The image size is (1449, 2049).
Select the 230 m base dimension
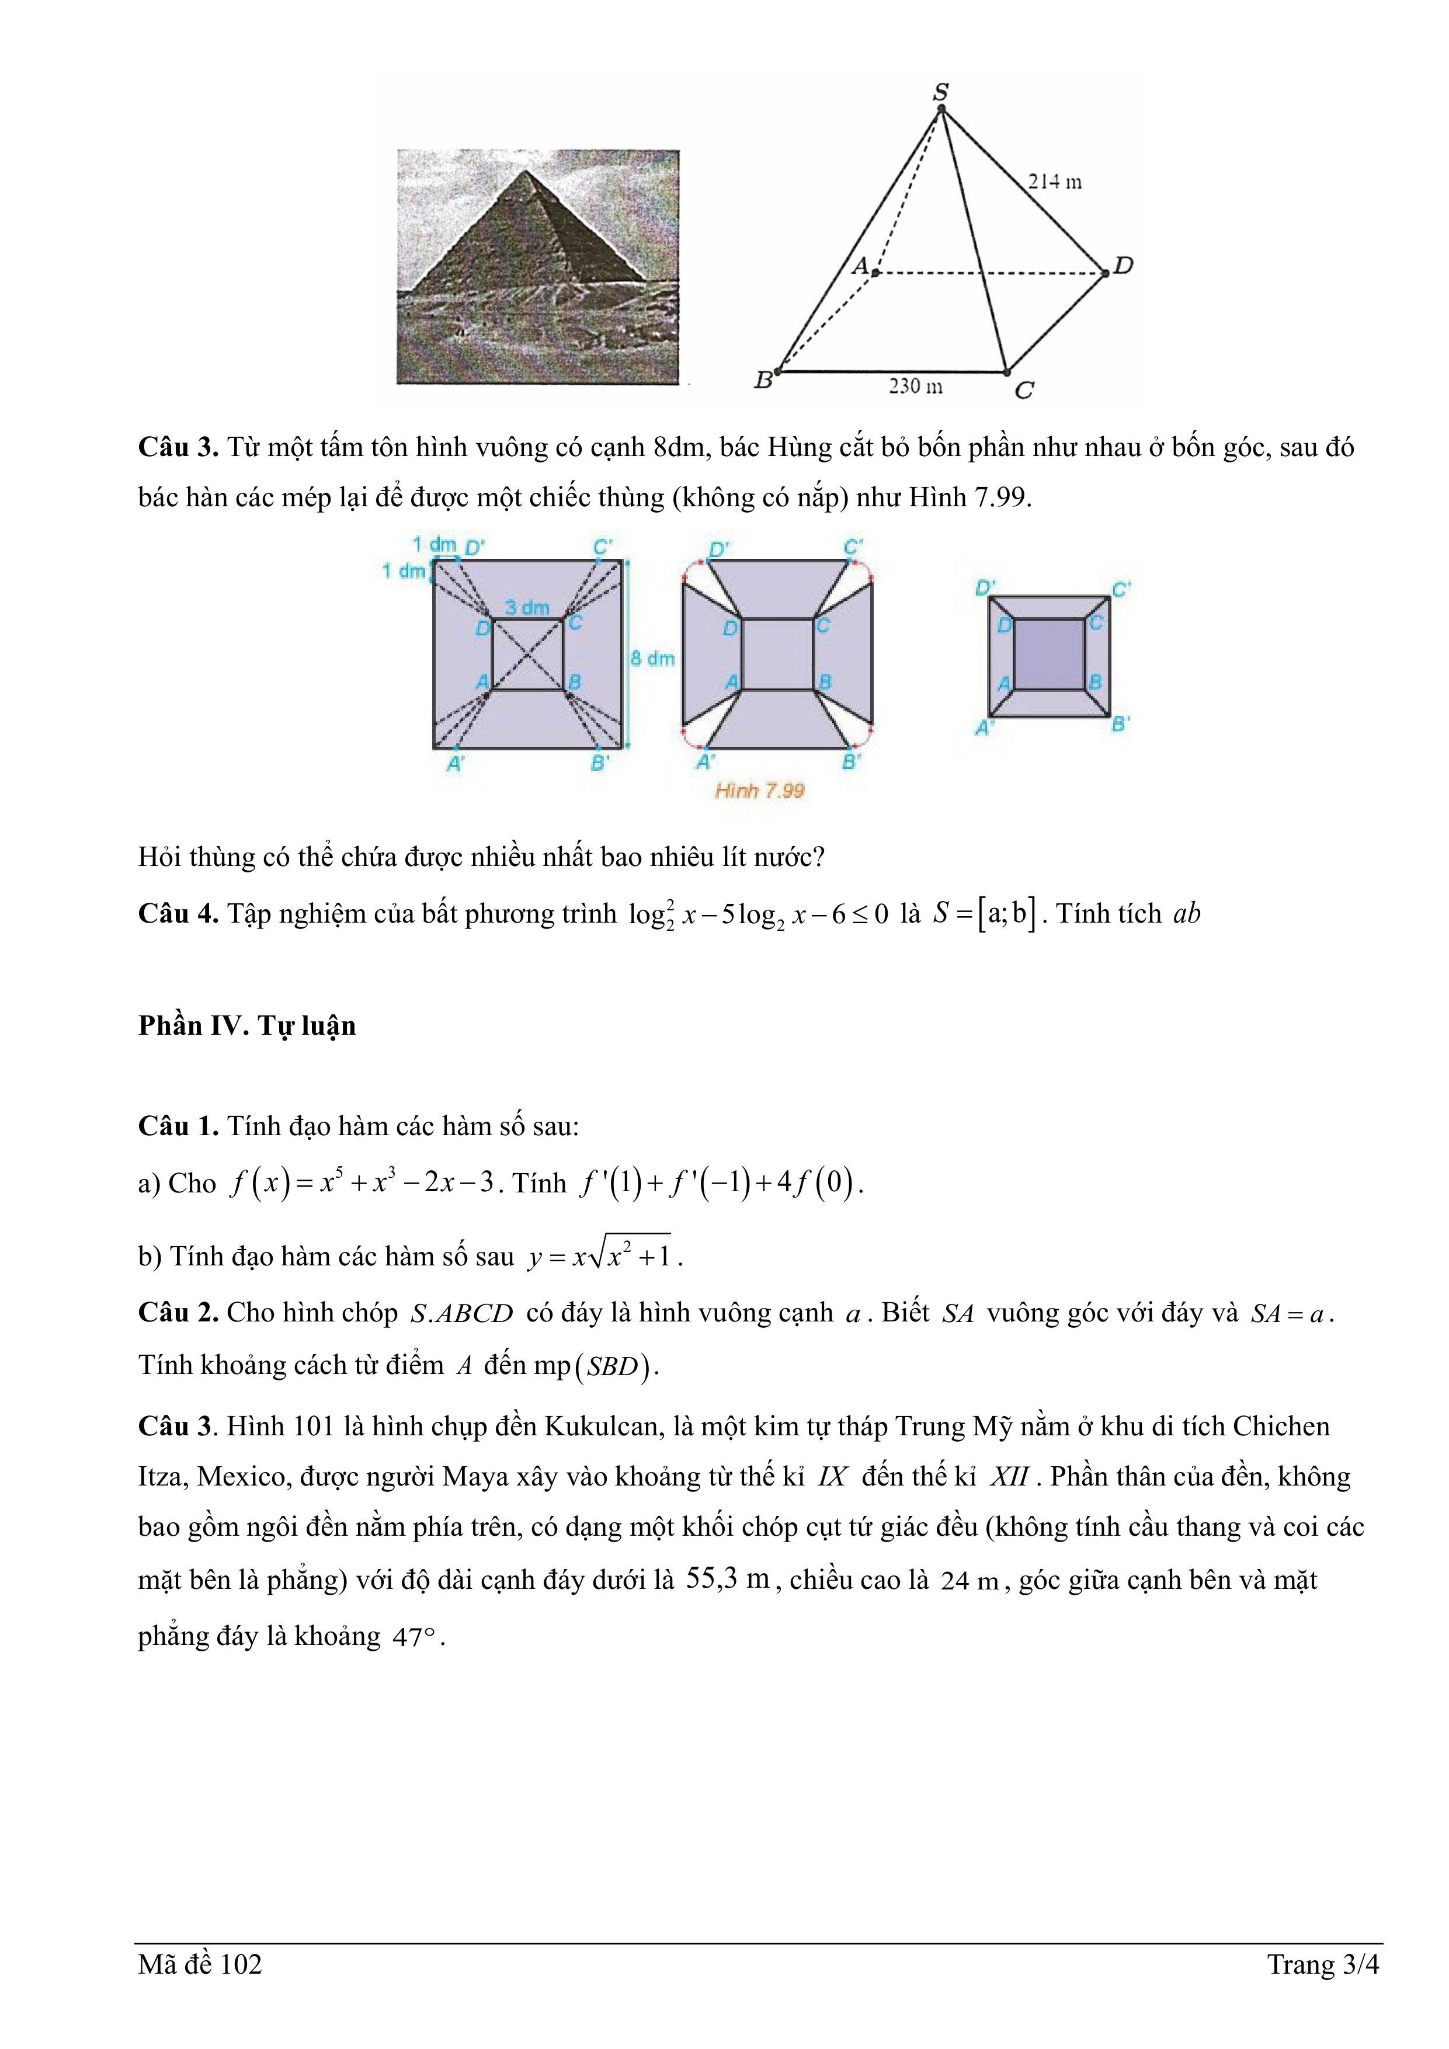(915, 387)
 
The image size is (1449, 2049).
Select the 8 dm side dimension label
(652, 659)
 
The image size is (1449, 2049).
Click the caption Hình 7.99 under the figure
(760, 791)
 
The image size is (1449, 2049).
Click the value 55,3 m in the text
(728, 1579)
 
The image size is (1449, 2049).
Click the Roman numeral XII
(1009, 1477)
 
